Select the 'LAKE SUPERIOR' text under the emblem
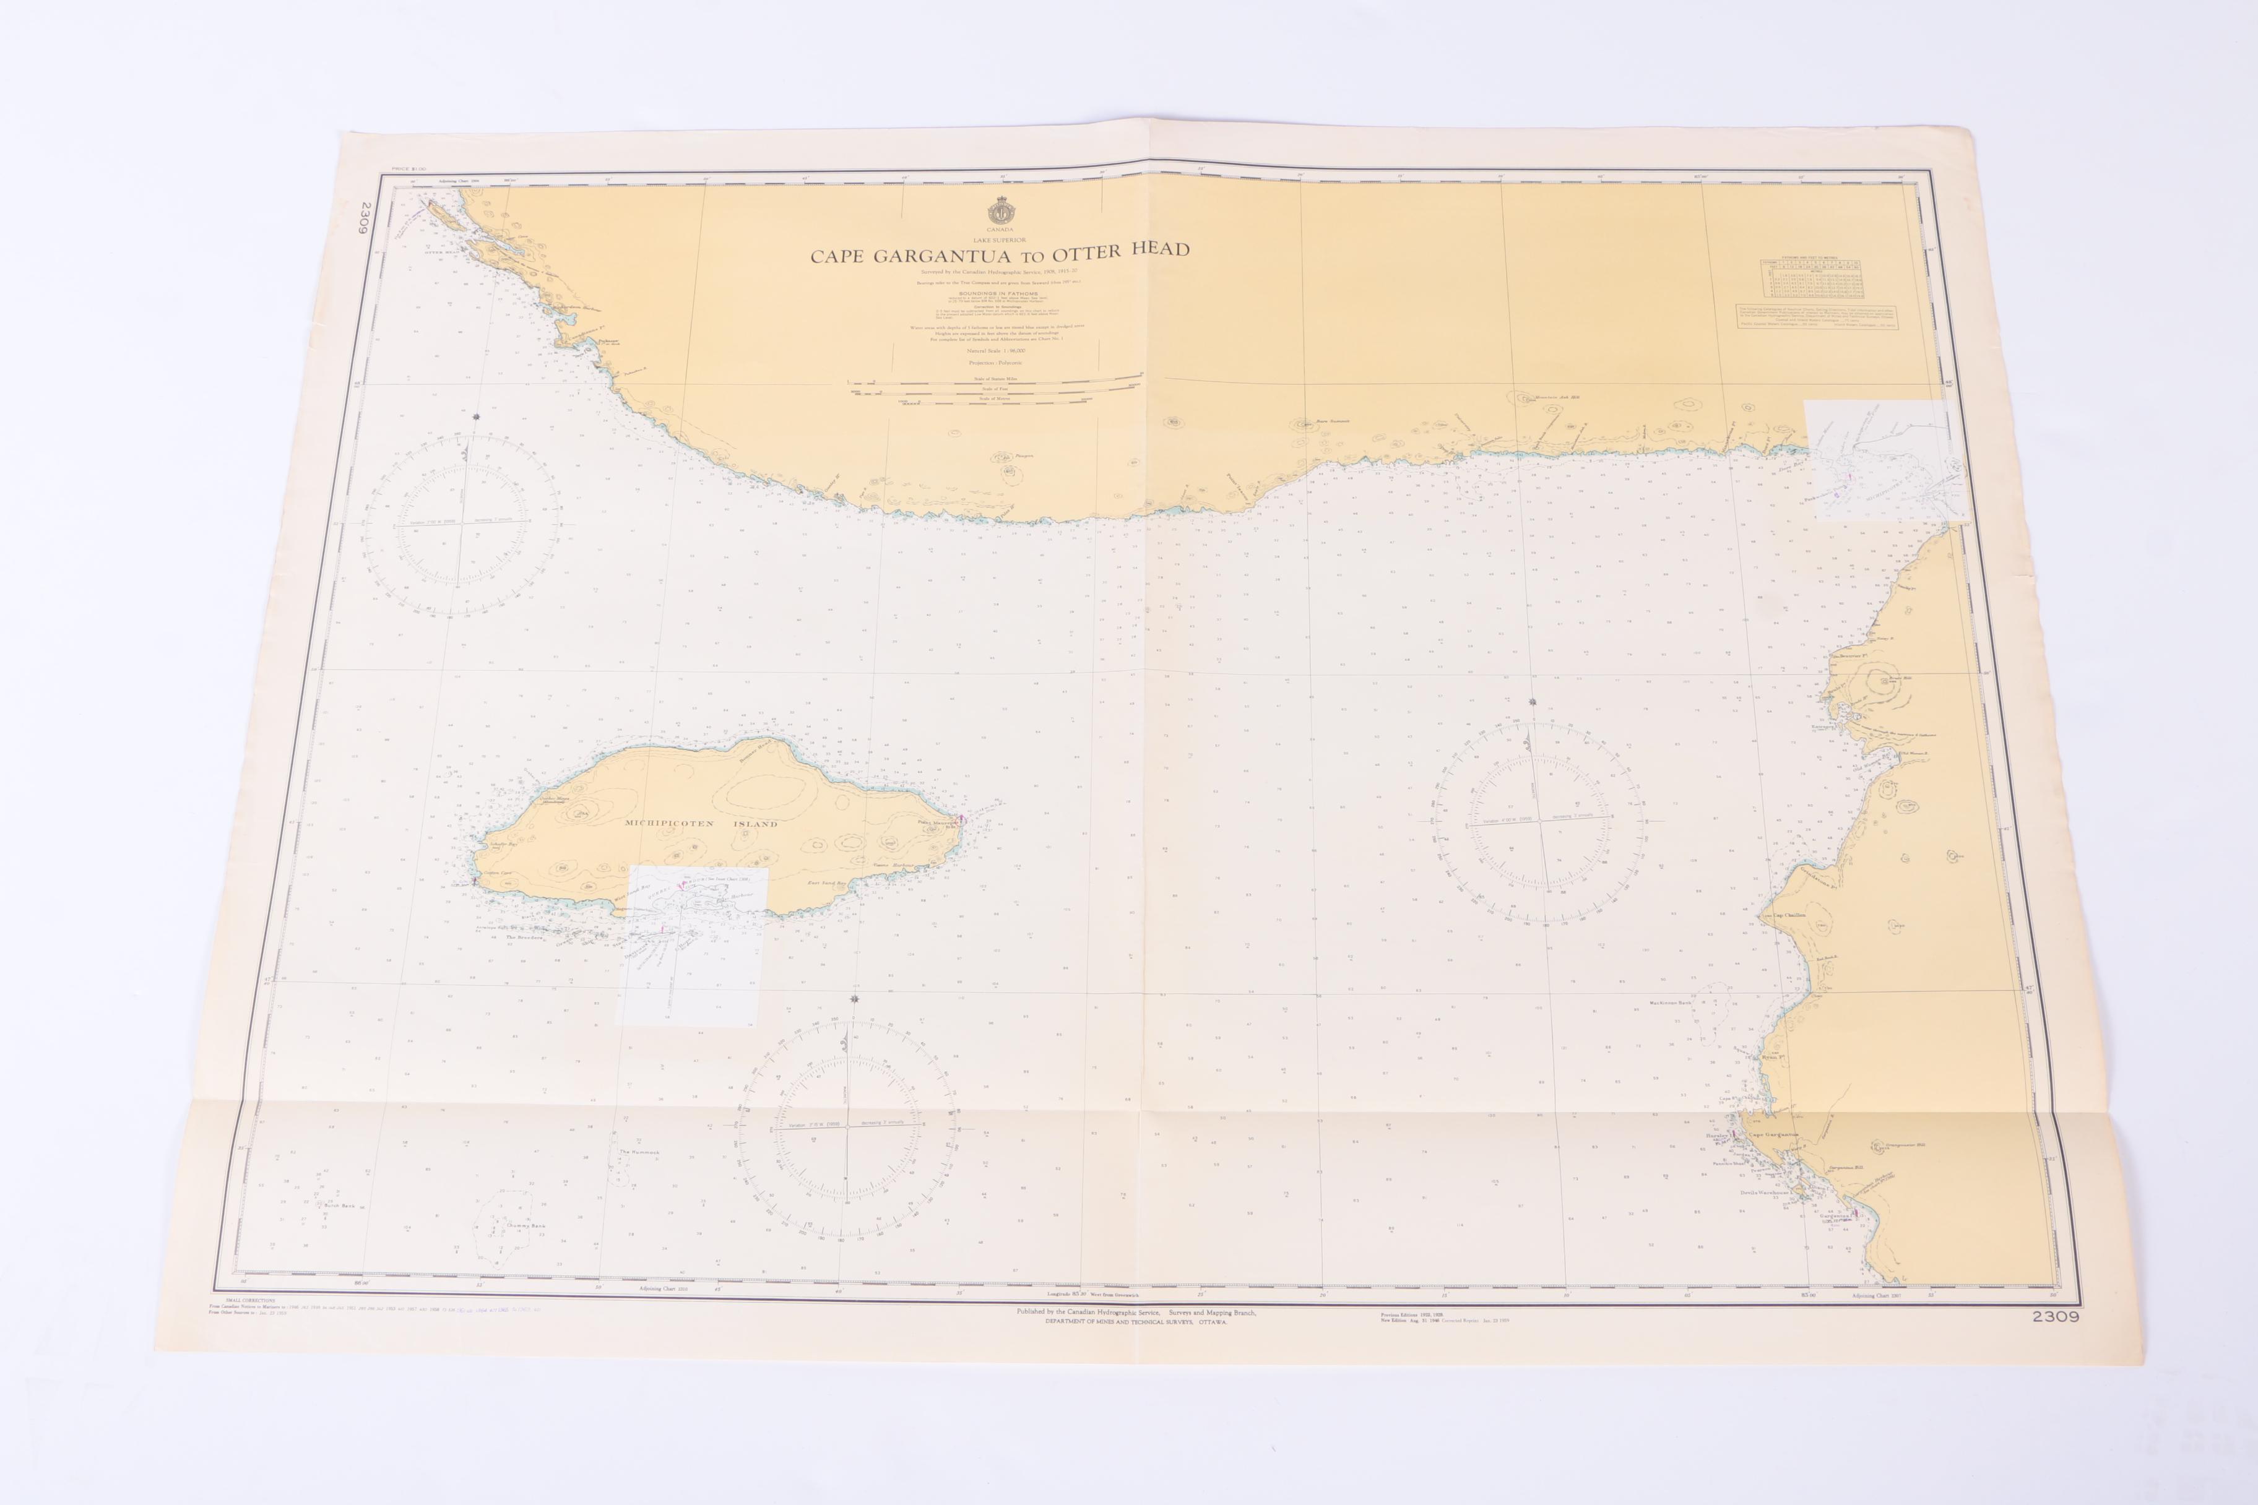pos(1000,239)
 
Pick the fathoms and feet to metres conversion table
pos(1810,278)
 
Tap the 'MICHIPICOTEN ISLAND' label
pos(701,824)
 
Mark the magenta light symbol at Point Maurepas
pos(961,820)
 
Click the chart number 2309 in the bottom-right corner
pos(2054,1317)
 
